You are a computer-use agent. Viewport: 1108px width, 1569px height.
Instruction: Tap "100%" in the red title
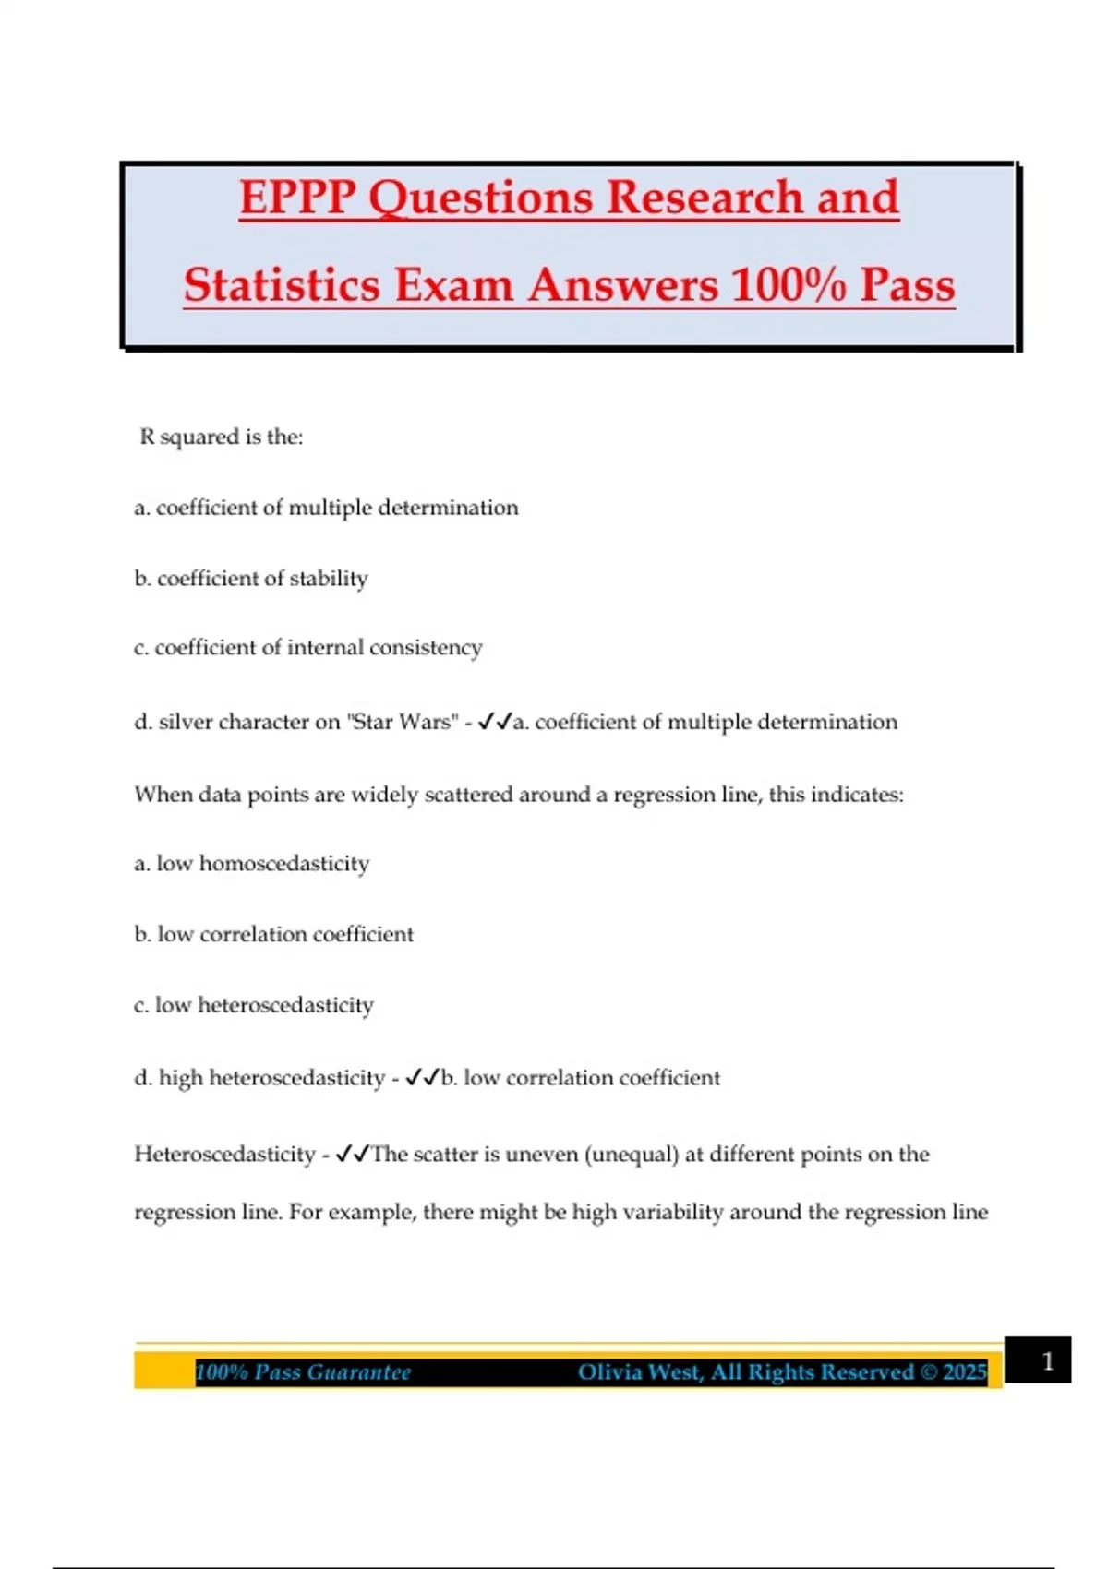click(x=789, y=284)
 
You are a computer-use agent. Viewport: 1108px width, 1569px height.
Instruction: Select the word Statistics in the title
click(x=281, y=284)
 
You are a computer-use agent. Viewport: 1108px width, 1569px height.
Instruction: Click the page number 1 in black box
click(x=1047, y=1361)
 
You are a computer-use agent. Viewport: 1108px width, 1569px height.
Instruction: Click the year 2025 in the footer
click(x=965, y=1372)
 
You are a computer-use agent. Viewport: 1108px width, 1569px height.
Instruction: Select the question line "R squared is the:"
click(x=222, y=437)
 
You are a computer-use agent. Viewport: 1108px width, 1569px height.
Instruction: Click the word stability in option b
click(x=329, y=579)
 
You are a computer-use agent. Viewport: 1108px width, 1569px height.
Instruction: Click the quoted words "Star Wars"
click(x=403, y=722)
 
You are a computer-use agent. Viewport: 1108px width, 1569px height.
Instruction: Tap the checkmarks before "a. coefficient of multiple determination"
click(x=495, y=722)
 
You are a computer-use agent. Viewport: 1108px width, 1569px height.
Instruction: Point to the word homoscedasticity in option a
click(x=284, y=864)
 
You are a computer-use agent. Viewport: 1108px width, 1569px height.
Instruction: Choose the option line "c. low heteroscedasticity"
click(x=254, y=1005)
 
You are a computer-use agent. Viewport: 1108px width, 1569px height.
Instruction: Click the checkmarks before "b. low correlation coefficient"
click(x=423, y=1077)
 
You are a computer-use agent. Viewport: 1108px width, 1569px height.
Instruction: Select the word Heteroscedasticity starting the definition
click(x=224, y=1155)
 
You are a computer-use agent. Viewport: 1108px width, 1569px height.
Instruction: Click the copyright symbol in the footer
click(x=930, y=1372)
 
